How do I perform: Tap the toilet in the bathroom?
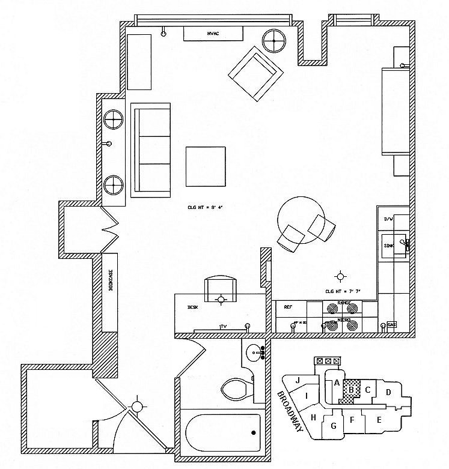[x=237, y=389]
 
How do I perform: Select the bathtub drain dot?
[x=253, y=432]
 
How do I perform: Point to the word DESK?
[x=192, y=307]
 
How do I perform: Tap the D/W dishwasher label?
[x=389, y=220]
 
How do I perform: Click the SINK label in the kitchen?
[x=389, y=246]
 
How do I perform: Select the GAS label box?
[x=391, y=325]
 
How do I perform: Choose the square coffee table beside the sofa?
[x=206, y=166]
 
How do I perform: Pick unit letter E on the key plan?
[x=379, y=420]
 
